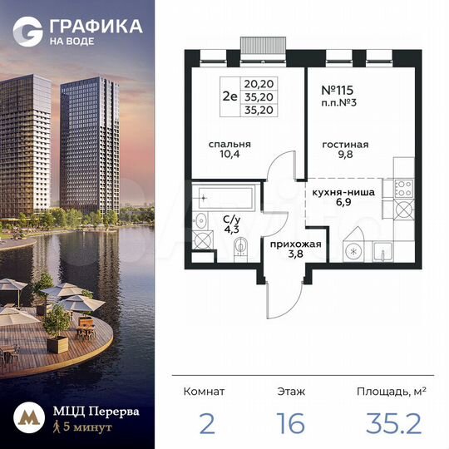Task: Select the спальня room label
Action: click(229, 144)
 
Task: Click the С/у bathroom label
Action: click(231, 220)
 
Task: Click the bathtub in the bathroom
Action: click(226, 198)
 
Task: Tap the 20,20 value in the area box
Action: click(256, 84)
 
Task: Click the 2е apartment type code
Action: click(229, 96)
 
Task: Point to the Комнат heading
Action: click(204, 390)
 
